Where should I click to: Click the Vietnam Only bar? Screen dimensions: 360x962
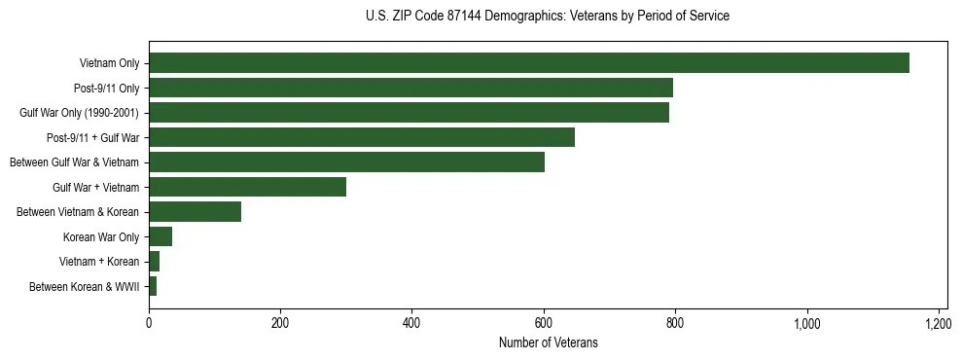pyautogui.click(x=528, y=63)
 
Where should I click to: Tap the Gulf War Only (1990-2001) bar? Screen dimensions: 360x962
pyautogui.click(x=409, y=113)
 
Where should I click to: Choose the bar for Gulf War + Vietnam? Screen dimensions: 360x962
pyautogui.click(x=247, y=187)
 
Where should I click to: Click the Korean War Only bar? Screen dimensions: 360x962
pyautogui.click(x=160, y=236)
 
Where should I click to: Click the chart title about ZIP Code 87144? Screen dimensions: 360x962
pyautogui.click(x=548, y=17)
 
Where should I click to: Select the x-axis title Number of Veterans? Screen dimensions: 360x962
pyautogui.click(x=548, y=343)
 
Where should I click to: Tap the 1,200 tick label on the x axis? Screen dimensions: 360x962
pyautogui.click(x=939, y=322)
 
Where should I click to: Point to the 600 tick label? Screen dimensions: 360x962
pyautogui.click(x=544, y=322)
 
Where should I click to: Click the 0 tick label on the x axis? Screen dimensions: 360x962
pyautogui.click(x=149, y=322)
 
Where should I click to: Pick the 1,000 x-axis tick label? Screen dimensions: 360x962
pyautogui.click(x=807, y=322)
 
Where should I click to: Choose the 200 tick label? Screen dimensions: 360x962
pyautogui.click(x=280, y=322)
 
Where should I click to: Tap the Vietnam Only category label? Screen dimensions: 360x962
pyautogui.click(x=109, y=63)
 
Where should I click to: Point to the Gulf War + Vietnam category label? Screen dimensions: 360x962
pyautogui.click(x=95, y=187)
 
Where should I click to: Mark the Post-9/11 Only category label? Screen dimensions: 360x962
pyautogui.click(x=106, y=89)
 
